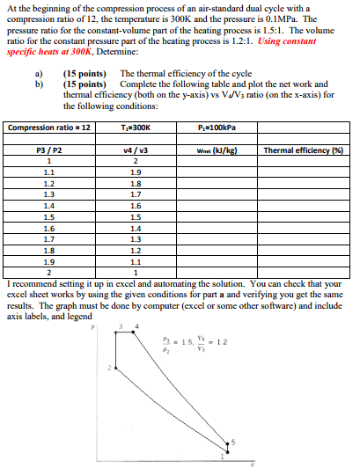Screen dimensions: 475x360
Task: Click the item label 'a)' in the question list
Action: (38, 73)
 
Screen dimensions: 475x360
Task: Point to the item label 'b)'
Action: (38, 83)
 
